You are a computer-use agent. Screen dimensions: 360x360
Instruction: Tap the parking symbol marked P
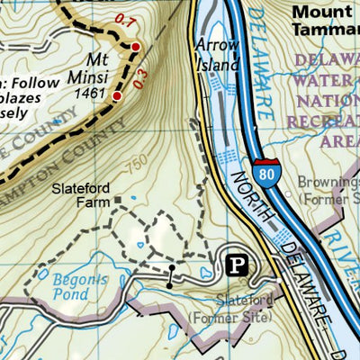[x=238, y=265]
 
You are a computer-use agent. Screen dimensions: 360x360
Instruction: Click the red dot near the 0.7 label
[x=136, y=46]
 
